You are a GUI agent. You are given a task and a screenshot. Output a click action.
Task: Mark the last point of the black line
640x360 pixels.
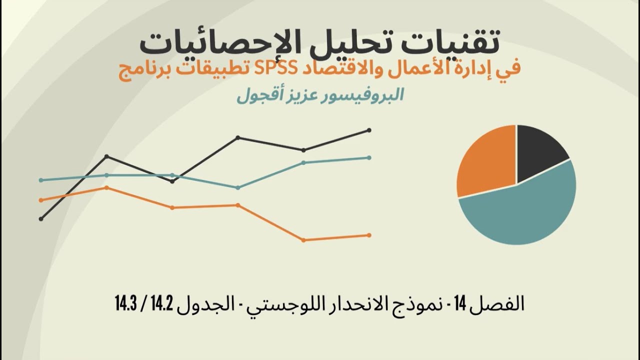pyautogui.click(x=369, y=130)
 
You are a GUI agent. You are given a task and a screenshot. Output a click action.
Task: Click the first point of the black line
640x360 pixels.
pyautogui.click(x=41, y=218)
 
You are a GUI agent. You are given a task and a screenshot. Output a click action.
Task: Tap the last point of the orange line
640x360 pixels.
pyautogui.click(x=369, y=235)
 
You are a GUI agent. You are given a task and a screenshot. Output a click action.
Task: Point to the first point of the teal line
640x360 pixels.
pyautogui.click(x=41, y=180)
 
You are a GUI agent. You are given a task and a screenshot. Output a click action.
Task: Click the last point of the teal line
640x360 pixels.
pyautogui.click(x=369, y=157)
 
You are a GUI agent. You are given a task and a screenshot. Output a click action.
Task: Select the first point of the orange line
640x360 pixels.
pyautogui.click(x=41, y=200)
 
